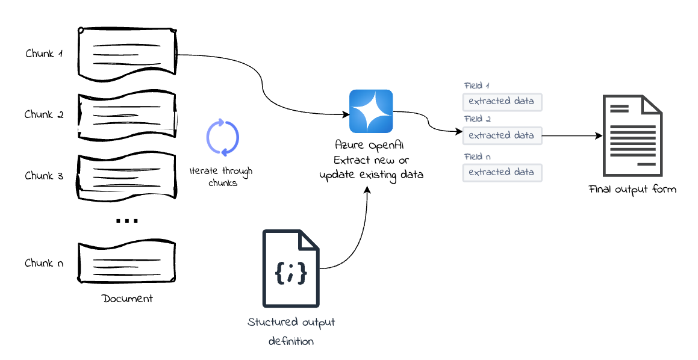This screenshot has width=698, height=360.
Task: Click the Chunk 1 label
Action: pos(44,53)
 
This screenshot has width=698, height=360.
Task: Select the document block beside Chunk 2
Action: pos(128,114)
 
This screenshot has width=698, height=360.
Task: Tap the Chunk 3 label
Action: pos(43,176)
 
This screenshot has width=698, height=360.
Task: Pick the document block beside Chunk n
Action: pos(128,263)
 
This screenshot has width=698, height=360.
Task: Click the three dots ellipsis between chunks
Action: pos(126,220)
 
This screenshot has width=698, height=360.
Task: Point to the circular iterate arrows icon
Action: pos(223,138)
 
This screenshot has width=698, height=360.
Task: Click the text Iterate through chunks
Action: pos(221,177)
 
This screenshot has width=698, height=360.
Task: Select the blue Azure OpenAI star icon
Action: pos(371,111)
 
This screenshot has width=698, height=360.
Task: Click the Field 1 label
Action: pos(476,85)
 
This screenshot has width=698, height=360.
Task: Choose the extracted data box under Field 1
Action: pos(502,101)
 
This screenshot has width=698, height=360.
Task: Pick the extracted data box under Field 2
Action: pos(502,135)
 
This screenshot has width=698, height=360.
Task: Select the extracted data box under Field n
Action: pos(502,172)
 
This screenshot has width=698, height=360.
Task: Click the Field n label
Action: pos(476,157)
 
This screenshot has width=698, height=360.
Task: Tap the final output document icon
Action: pos(632,135)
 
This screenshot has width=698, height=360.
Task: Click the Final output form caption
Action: pos(632,190)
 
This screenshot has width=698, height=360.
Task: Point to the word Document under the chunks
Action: pos(127,299)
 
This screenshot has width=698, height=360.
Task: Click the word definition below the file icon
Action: pos(291,341)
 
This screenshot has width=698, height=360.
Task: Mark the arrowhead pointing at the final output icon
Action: pos(599,136)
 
